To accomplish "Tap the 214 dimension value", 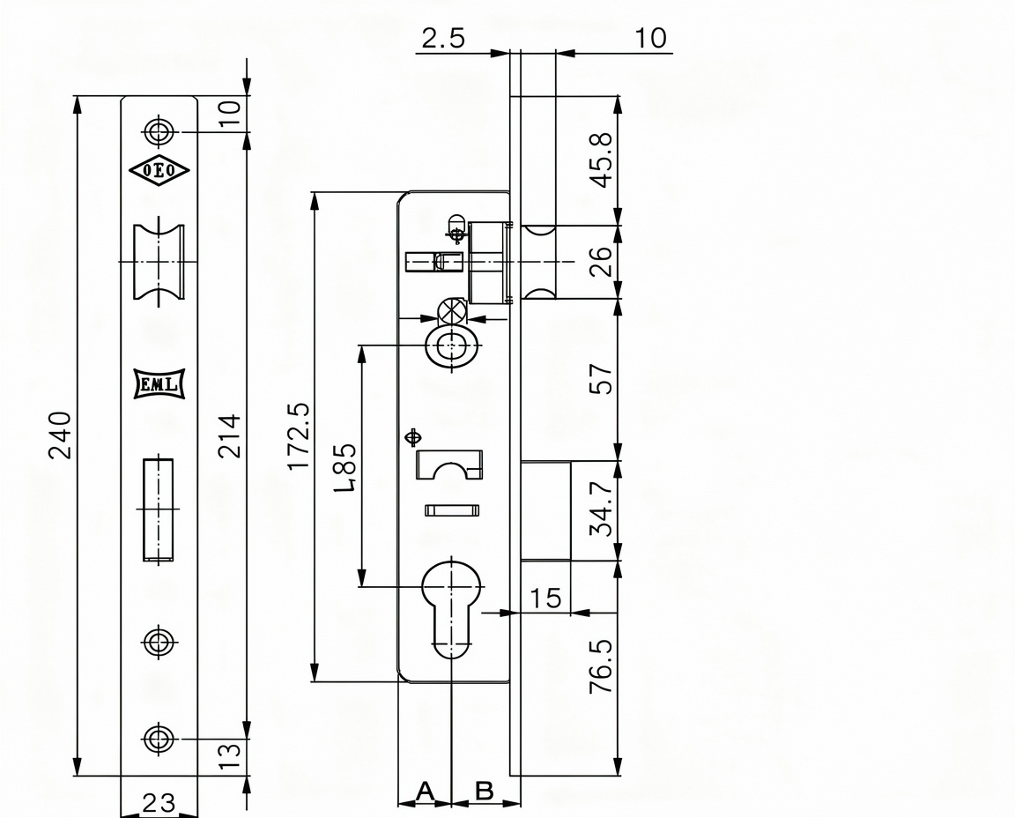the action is (229, 435).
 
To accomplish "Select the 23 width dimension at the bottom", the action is (158, 803).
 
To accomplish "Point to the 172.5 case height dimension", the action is (300, 435).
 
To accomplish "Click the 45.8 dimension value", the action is (602, 160).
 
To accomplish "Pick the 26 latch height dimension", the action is (602, 261).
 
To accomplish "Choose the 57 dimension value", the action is (602, 379).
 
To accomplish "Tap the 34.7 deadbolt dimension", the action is (602, 509).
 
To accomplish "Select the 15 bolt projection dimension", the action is (545, 599).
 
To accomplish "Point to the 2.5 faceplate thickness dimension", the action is (443, 38).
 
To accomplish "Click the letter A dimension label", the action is (425, 790).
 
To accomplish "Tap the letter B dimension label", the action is (485, 790).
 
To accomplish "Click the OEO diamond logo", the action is (159, 171).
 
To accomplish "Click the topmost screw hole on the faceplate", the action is (159, 131).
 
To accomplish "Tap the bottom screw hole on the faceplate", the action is (159, 739).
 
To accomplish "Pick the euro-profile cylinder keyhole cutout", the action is (451, 608).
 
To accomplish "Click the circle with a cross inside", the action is (452, 312).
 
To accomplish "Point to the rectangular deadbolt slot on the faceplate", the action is (158, 509).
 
